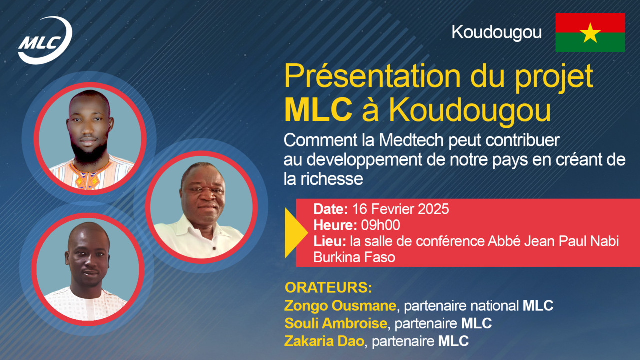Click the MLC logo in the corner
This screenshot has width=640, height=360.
pyautogui.click(x=45, y=40)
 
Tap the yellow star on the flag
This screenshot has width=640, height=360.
pyautogui.click(x=590, y=33)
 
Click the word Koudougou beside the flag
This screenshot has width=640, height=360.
pyautogui.click(x=497, y=33)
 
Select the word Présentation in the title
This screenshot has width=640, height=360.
pyautogui.click(x=373, y=76)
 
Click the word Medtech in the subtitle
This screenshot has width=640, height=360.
pyautogui.click(x=411, y=140)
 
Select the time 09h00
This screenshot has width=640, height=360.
pyautogui.click(x=380, y=225)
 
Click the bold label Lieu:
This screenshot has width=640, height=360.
pyautogui.click(x=330, y=241)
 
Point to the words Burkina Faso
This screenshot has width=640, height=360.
pyautogui.click(x=354, y=257)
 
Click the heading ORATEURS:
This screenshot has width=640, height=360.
pyautogui.click(x=328, y=288)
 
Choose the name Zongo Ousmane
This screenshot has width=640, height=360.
pyautogui.click(x=340, y=305)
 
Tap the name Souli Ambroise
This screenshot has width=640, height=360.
pyautogui.click(x=336, y=323)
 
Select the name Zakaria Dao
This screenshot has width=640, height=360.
pyautogui.click(x=324, y=341)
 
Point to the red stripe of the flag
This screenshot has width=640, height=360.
pyautogui.click(x=590, y=23)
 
